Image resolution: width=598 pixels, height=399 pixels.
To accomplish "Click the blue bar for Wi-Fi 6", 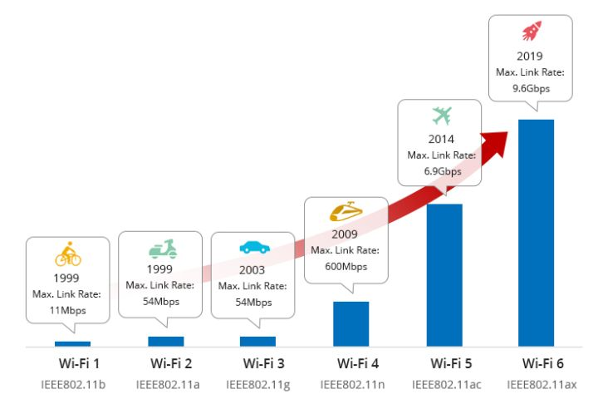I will [x=536, y=233].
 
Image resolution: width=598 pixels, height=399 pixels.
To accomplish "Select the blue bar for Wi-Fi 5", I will [x=444, y=274].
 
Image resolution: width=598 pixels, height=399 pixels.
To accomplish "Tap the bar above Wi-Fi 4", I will [x=350, y=323].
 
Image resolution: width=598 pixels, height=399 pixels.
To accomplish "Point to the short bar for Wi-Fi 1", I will [x=72, y=343].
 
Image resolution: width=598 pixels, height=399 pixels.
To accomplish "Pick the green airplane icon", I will [x=440, y=116].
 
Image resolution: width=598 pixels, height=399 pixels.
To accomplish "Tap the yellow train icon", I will [x=346, y=212].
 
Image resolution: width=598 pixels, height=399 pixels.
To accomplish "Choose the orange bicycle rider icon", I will [x=67, y=253].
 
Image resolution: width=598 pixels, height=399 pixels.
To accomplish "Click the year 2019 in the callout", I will [x=531, y=57].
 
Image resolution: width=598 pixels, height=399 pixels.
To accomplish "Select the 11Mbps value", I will [x=67, y=309].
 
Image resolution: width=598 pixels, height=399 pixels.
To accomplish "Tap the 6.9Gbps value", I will [x=440, y=170].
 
